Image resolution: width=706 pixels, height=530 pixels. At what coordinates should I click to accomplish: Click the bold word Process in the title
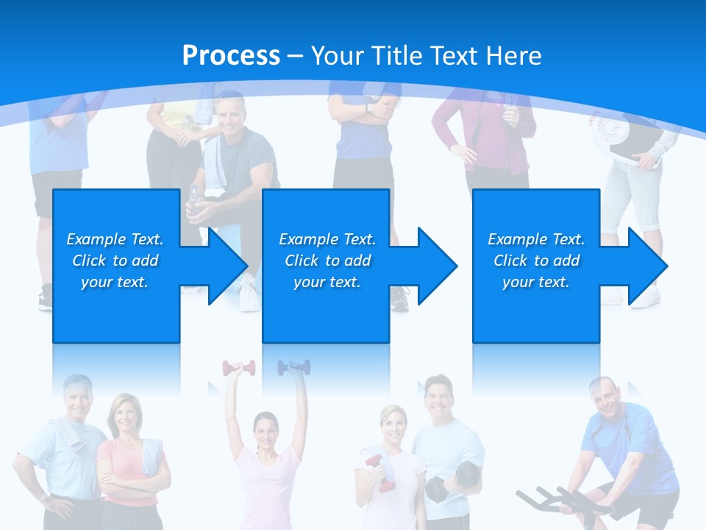click(231, 56)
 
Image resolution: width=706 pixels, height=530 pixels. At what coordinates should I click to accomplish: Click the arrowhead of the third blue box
click(644, 266)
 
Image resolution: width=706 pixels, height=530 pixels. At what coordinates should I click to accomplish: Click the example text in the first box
click(115, 261)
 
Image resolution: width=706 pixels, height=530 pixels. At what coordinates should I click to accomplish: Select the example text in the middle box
click(327, 261)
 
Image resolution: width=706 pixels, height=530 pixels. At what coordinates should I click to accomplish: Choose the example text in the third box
click(536, 261)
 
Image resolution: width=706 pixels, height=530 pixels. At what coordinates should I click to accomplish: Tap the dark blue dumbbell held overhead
click(293, 367)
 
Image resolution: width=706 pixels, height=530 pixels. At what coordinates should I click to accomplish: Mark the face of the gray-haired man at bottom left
click(76, 397)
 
